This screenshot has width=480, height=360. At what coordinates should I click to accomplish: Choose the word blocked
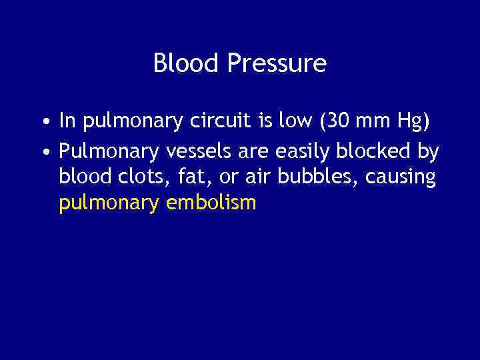point(379,152)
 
